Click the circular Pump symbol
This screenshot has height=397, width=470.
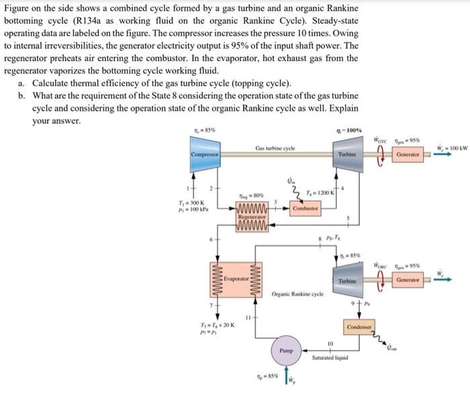(286, 350)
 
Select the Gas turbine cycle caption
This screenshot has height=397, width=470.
(274, 148)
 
